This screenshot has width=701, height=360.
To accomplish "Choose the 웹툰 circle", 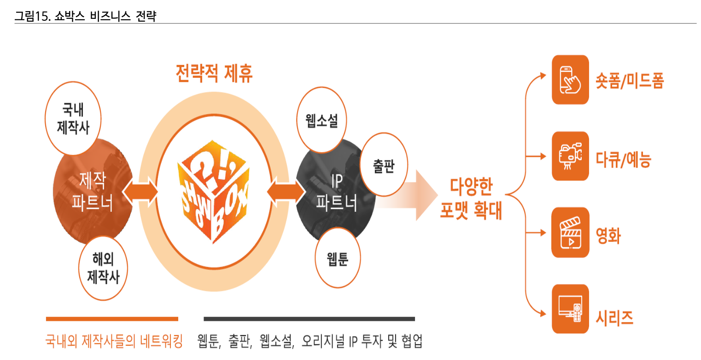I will (338, 259).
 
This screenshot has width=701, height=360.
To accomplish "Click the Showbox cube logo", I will (213, 191).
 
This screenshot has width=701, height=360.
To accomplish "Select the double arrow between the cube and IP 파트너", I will (286, 191).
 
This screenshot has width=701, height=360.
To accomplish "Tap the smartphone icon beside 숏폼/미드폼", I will (570, 80).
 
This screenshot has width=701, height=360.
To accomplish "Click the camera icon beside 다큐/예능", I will (570, 156).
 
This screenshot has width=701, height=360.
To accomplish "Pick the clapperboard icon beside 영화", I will (570, 232).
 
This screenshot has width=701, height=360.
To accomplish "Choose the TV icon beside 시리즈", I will (570, 309).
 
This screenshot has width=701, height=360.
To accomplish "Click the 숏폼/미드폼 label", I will (629, 81).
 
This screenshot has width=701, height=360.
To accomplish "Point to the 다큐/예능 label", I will (622, 159).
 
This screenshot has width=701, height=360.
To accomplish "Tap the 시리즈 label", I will (614, 317).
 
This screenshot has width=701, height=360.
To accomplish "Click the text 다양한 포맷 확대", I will (471, 199).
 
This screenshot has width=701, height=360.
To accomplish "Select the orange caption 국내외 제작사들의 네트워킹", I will (114, 342).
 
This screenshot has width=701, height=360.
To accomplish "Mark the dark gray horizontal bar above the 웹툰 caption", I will (309, 319).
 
